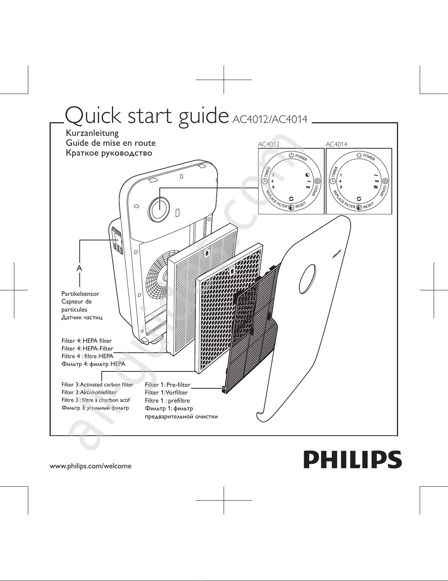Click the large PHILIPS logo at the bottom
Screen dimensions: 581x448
click(352, 459)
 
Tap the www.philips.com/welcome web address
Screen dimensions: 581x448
click(90, 466)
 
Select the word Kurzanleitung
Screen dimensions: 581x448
click(92, 133)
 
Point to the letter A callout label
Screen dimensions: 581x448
click(79, 268)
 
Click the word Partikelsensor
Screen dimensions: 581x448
click(80, 294)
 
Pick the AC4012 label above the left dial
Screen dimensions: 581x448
click(268, 144)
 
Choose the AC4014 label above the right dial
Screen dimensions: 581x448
click(336, 144)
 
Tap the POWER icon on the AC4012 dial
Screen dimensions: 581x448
click(291, 155)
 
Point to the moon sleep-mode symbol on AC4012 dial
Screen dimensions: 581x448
click(308, 175)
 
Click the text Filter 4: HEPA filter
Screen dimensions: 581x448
click(87, 341)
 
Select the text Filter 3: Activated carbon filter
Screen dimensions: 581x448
click(97, 385)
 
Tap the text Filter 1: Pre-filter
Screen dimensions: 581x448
click(167, 385)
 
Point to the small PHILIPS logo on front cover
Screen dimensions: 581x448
click(337, 254)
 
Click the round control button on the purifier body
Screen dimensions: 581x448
click(159, 209)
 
